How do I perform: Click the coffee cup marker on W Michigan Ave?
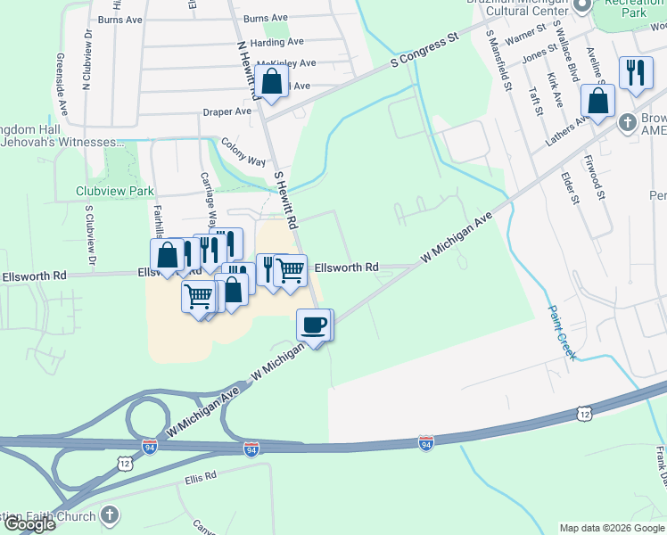312,325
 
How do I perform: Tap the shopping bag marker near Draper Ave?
273,82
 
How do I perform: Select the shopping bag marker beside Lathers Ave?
597,101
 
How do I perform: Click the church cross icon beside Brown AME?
628,120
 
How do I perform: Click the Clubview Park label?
115,191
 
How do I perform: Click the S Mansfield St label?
498,60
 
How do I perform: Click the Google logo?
29,524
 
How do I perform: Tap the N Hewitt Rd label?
248,69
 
